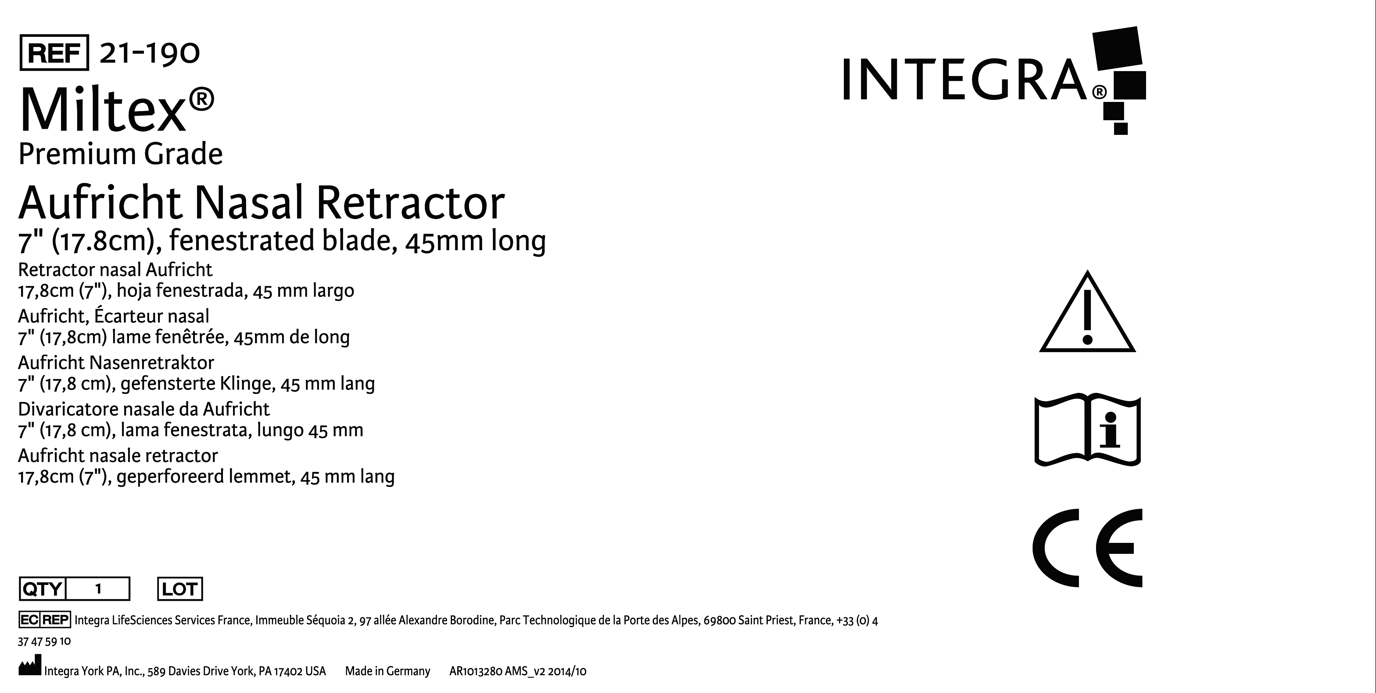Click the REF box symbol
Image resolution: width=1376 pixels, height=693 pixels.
pyautogui.click(x=54, y=52)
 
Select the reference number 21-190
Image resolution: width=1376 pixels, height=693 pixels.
pyautogui.click(x=149, y=53)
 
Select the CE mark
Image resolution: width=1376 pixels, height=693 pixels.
pyautogui.click(x=1087, y=548)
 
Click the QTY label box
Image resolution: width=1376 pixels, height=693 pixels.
pyautogui.click(x=42, y=589)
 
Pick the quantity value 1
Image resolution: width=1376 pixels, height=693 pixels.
pyautogui.click(x=98, y=589)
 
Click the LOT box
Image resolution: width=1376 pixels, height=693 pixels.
pyautogui.click(x=180, y=589)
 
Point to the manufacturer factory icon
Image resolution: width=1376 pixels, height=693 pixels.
pyautogui.click(x=30, y=667)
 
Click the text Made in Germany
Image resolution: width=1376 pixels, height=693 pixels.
pyautogui.click(x=387, y=671)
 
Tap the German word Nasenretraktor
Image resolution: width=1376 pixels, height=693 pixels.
pyautogui.click(x=152, y=363)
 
